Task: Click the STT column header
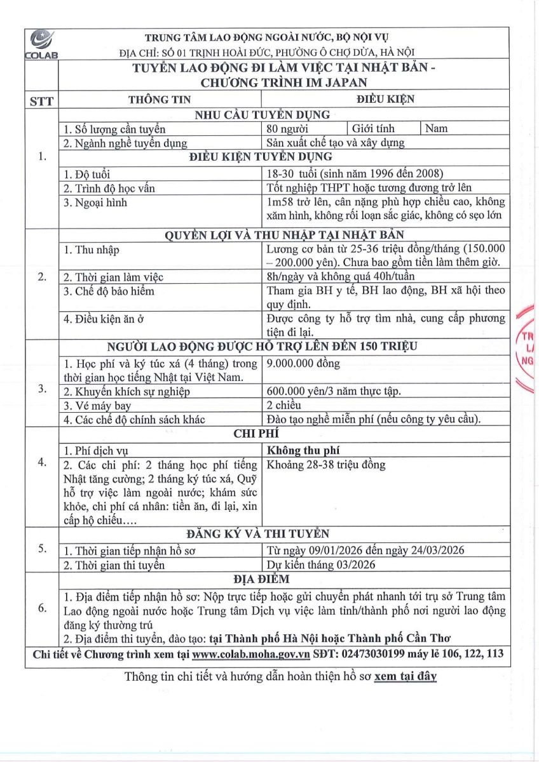coord(41,100)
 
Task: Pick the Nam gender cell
coord(437,129)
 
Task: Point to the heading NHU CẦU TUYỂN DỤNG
coord(262,115)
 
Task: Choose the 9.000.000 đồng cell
coord(304,364)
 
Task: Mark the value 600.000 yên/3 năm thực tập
coord(334,392)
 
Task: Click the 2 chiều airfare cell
coord(284,406)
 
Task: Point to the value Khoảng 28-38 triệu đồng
coord(327,465)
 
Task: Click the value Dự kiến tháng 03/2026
coord(322,565)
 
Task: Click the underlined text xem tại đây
coord(406,676)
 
